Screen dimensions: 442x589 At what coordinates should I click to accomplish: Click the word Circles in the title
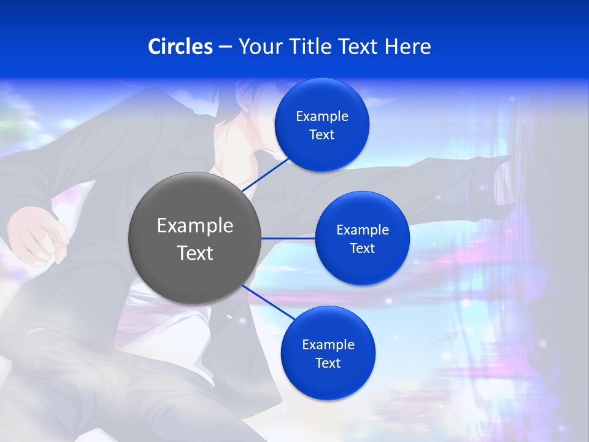(x=180, y=47)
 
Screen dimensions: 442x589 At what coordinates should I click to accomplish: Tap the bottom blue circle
(x=328, y=381)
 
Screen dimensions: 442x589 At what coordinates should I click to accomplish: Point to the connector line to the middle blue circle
(x=288, y=238)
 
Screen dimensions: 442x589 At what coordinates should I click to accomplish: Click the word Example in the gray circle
(x=195, y=226)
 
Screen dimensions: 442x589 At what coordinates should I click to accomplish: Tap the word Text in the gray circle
(x=195, y=252)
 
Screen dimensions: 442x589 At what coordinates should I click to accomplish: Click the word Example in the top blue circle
(x=322, y=117)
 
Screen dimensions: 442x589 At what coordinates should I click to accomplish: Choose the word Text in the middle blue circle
(x=362, y=249)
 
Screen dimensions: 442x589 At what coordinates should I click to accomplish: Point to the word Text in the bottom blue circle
(x=328, y=363)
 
